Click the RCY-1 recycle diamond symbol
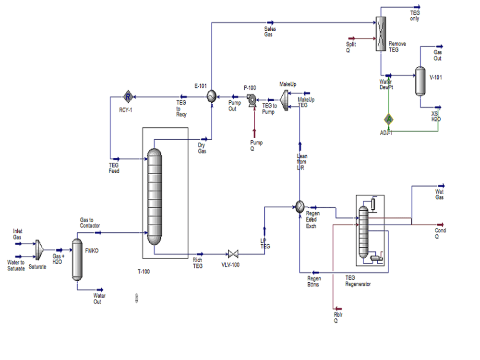128,97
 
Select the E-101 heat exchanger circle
211,97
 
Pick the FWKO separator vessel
77,259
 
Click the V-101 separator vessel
420,80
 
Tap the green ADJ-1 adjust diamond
389,119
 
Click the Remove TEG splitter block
381,34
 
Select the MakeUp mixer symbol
284,98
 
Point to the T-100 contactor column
154,197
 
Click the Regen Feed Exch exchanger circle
300,206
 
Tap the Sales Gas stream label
270,32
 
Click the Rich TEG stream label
197,263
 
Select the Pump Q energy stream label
256,145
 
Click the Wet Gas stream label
439,194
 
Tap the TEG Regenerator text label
358,281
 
